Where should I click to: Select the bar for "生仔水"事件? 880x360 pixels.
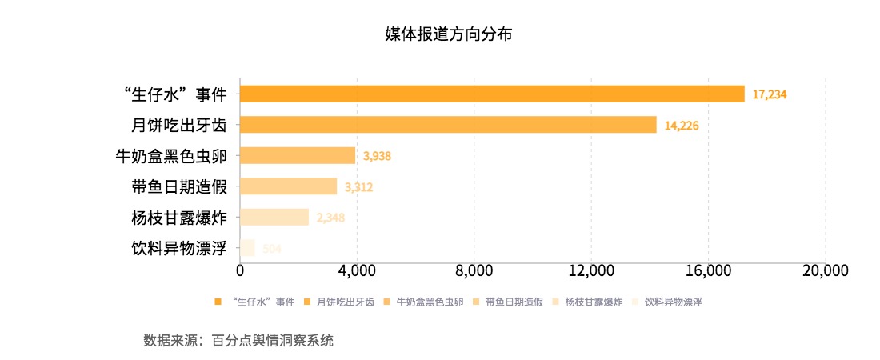[492, 94]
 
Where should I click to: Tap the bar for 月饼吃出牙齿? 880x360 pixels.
[448, 125]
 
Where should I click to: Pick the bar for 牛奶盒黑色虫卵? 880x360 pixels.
[298, 155]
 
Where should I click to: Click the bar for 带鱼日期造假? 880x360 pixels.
[288, 186]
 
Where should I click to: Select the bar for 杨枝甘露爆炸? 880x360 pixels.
[274, 217]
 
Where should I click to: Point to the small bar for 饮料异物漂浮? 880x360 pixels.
[247, 248]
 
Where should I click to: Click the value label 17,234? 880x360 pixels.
[770, 94]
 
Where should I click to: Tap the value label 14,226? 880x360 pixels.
[682, 126]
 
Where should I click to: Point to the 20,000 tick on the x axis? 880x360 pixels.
[824, 270]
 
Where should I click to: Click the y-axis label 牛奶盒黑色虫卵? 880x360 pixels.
[172, 156]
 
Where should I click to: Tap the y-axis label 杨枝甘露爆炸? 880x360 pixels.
[179, 218]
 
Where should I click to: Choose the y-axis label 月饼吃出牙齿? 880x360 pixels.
[179, 126]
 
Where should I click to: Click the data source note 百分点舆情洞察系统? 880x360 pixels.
[272, 340]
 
